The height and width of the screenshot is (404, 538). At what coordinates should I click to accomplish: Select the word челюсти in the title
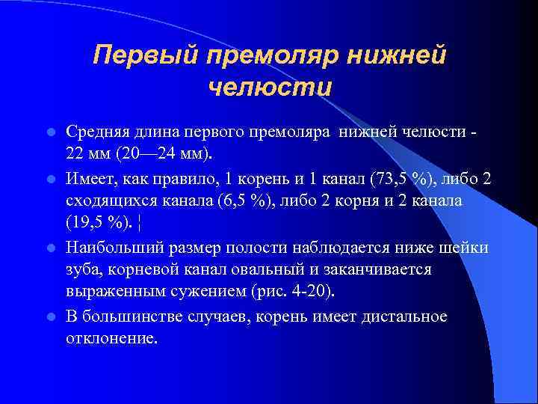[x=269, y=88]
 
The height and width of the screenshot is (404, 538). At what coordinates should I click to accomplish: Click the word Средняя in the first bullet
[x=96, y=132]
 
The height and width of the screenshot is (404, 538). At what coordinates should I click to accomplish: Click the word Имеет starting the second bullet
[x=88, y=180]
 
